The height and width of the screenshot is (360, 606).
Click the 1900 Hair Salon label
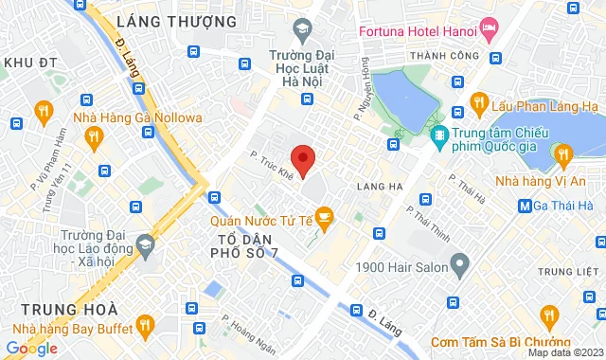pyautogui.click(x=401, y=268)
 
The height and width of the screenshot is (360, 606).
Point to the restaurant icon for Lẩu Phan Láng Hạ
pyautogui.click(x=478, y=101)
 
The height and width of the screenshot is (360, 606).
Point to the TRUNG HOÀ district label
pyautogui.click(x=69, y=310)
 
